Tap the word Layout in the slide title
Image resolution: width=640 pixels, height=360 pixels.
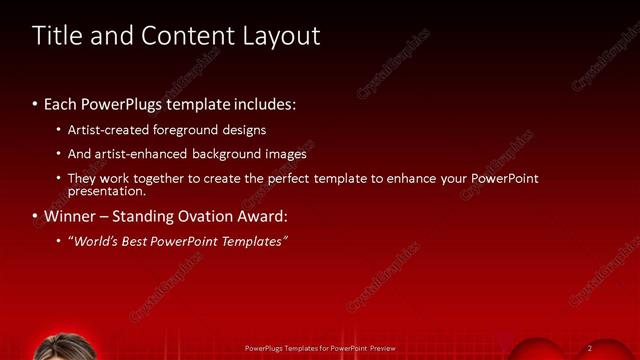281,36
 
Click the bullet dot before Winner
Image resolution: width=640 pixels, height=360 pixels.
35,217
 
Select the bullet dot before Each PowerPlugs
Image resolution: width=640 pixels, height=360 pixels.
35,105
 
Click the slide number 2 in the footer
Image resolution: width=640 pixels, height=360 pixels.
590,348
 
